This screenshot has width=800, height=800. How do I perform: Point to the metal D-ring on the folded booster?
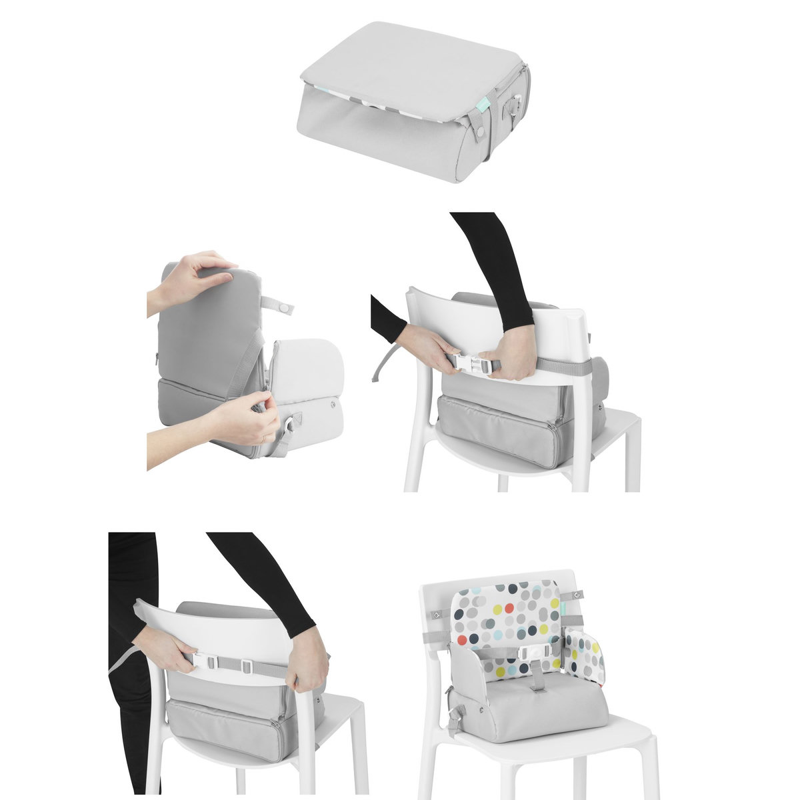513,105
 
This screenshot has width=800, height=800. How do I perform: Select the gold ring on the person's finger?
263,439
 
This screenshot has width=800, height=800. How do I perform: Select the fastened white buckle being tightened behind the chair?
209,662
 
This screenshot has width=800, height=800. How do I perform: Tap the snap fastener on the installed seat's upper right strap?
578,594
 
